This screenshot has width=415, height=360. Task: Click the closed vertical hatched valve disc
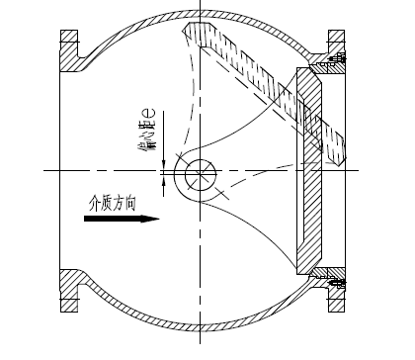pyautogui.click(x=312, y=172)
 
